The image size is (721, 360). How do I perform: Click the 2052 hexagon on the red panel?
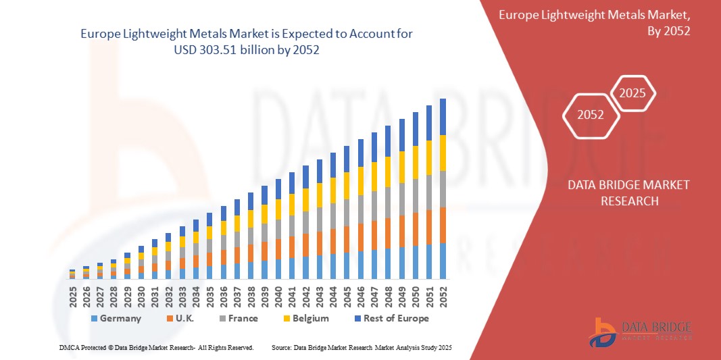pyautogui.click(x=591, y=115)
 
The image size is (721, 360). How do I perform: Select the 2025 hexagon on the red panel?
pyautogui.click(x=633, y=93)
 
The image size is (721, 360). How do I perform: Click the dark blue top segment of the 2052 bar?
pyautogui.click(x=443, y=117)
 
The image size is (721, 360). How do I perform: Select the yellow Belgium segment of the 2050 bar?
pyautogui.click(x=416, y=161)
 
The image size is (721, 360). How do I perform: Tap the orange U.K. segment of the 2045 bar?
pyautogui.click(x=347, y=239)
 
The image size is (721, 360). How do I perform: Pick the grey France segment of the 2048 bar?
pyautogui.click(x=388, y=203)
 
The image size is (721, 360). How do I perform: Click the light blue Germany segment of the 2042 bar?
pyautogui.click(x=306, y=267)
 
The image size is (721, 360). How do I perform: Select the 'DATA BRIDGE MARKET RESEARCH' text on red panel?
pyautogui.click(x=618, y=192)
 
